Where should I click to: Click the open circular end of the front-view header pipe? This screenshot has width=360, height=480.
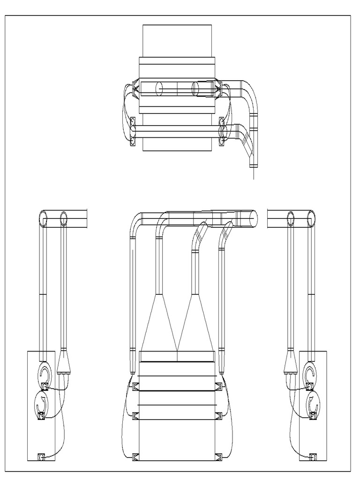coord(252,219)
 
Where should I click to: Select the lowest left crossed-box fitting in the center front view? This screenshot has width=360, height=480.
coord(136,456)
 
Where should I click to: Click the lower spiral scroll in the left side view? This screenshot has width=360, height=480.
coord(39,403)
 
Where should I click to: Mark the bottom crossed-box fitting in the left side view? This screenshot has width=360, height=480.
coord(40,456)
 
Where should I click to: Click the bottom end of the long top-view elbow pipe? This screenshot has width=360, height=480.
coord(254,165)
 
